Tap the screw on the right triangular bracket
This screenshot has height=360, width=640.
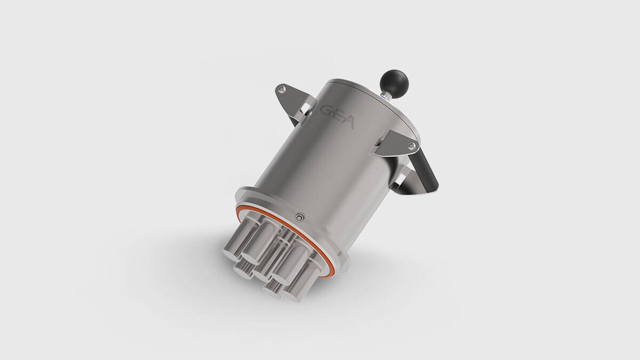click(411, 146)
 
